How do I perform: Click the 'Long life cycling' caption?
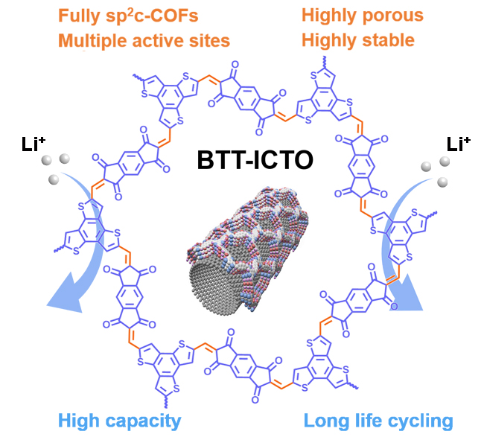pyautogui.click(x=378, y=421)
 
